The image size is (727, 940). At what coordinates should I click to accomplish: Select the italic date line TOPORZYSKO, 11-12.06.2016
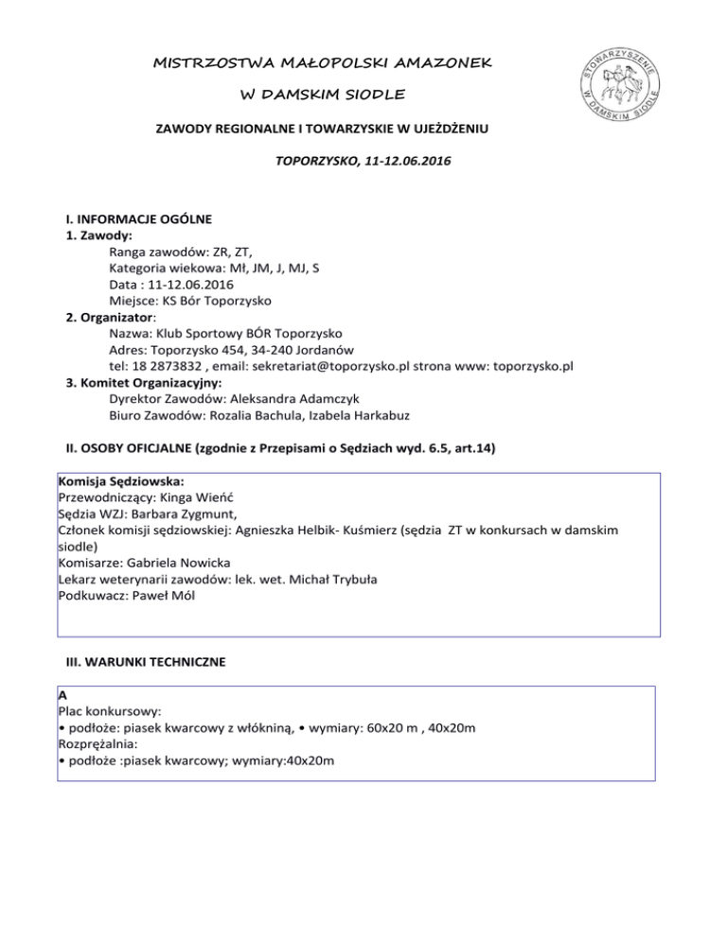(x=363, y=162)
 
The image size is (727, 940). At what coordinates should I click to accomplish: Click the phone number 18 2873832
(x=164, y=367)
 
